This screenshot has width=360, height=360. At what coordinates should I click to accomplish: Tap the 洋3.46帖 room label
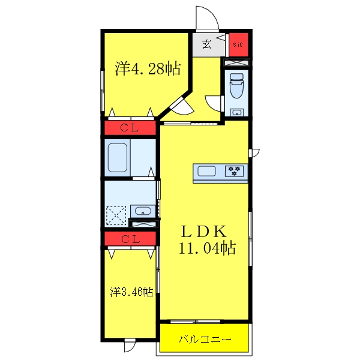pyautogui.click(x=131, y=292)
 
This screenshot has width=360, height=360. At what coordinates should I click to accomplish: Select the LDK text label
pyautogui.click(x=204, y=230)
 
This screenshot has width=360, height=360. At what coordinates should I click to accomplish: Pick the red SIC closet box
pyautogui.click(x=238, y=44)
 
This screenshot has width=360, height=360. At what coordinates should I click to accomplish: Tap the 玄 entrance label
pyautogui.click(x=206, y=44)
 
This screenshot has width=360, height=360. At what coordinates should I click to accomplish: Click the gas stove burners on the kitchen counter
pyautogui.click(x=235, y=171)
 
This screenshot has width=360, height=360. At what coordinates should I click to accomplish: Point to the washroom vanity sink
pyautogui.click(x=142, y=211)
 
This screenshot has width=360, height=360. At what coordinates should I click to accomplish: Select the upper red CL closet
pyautogui.click(x=130, y=127)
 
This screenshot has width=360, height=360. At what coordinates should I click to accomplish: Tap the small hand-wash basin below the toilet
pyautogui.click(x=236, y=112)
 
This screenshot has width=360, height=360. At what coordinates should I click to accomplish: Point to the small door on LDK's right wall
pyautogui.click(x=254, y=152)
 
